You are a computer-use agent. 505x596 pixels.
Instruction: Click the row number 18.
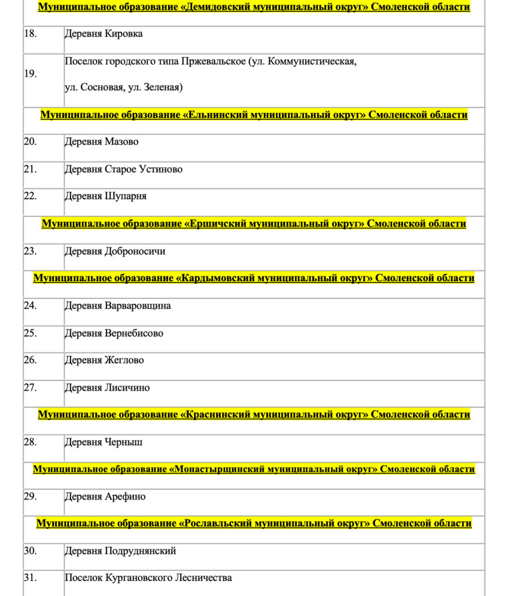[x=30, y=34]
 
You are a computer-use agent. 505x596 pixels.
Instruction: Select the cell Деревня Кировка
[x=103, y=34]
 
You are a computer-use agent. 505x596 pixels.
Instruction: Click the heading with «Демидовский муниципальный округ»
[x=254, y=7]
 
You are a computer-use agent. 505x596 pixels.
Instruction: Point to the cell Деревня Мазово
[x=102, y=142]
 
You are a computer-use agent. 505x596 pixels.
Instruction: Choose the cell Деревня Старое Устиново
[x=123, y=169]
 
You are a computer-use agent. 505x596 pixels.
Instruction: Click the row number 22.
[x=30, y=196]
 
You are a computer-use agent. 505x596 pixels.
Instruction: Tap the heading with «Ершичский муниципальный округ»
[x=254, y=223]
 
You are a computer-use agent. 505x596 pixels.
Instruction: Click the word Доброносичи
[x=135, y=251]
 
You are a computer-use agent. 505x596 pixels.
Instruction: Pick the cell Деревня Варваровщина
[x=117, y=306]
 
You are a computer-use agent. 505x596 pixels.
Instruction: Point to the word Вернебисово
[x=134, y=334]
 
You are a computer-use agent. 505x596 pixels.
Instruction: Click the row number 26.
[x=30, y=360]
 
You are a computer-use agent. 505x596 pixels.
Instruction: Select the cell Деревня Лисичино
[x=107, y=388]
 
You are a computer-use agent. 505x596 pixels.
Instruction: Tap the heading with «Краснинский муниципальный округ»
[x=254, y=414]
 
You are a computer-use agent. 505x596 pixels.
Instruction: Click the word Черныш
[x=124, y=442]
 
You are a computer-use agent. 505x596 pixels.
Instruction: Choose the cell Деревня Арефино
[x=105, y=497]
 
